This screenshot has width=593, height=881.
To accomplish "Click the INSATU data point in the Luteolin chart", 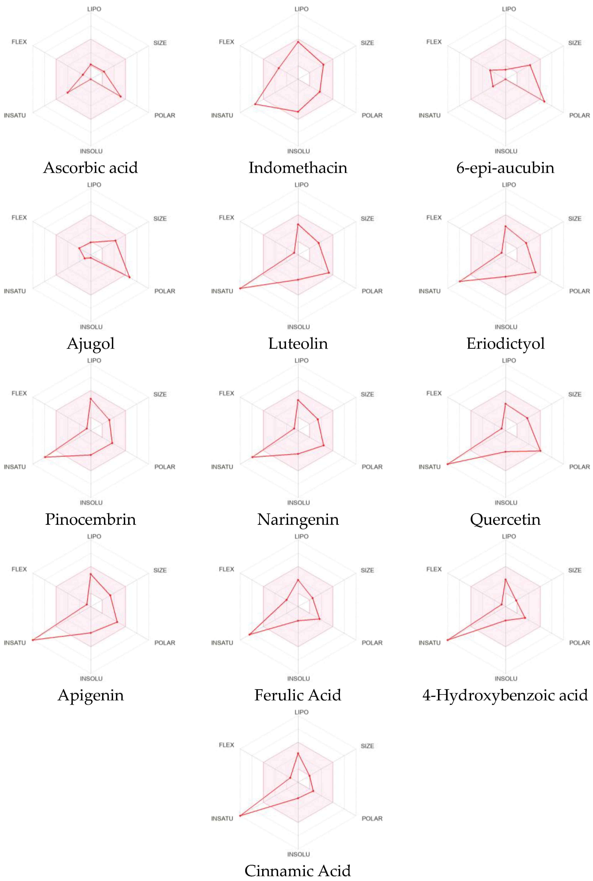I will click(x=240, y=288).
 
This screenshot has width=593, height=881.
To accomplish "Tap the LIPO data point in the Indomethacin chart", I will click(x=298, y=42).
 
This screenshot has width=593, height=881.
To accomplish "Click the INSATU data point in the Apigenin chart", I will click(x=33, y=640).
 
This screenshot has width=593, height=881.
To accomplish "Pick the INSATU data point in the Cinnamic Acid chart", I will click(x=240, y=816).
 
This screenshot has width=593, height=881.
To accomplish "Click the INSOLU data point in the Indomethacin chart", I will click(x=298, y=111).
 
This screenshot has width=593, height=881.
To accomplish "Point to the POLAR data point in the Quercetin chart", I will click(x=540, y=451).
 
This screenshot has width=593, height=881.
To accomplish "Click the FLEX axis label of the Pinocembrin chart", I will click(x=19, y=393).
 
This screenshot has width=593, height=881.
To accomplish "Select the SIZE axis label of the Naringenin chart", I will click(x=367, y=394).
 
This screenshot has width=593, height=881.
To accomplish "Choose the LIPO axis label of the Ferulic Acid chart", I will click(x=301, y=536).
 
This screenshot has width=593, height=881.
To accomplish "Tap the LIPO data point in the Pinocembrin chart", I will click(x=90, y=399).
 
